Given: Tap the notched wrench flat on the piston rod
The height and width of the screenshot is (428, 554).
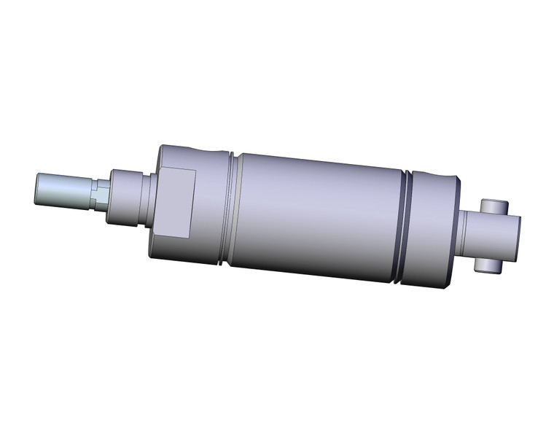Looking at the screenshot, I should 101,195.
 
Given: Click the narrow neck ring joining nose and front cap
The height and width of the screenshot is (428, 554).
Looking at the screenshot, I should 149,198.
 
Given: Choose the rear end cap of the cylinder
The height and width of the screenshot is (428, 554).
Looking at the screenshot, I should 437,230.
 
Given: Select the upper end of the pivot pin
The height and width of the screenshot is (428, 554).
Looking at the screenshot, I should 493,206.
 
